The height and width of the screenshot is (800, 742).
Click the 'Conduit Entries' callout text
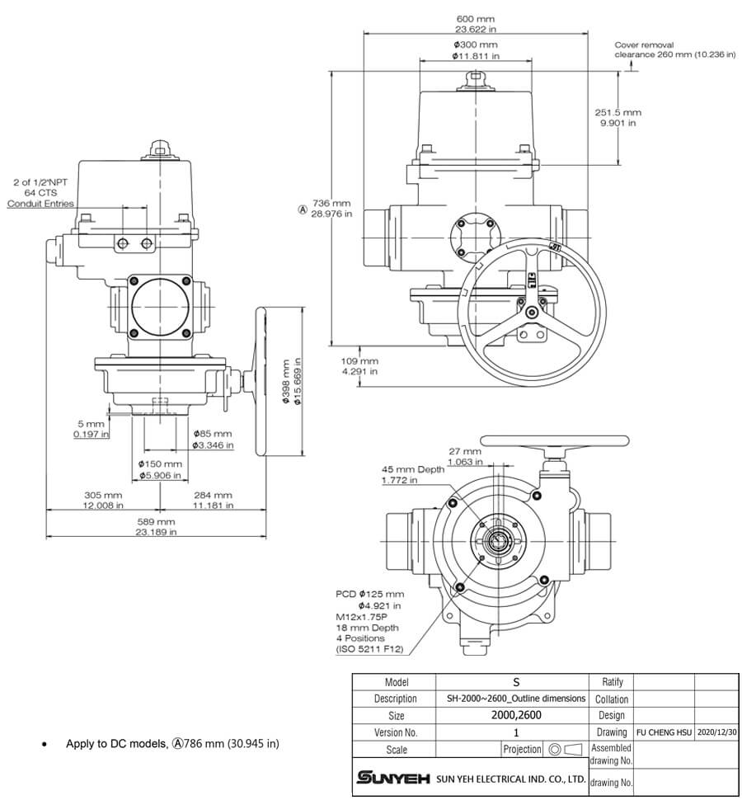click(40, 204)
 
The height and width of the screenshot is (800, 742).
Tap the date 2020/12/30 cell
click(716, 732)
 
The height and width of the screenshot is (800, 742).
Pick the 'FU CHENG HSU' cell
click(664, 732)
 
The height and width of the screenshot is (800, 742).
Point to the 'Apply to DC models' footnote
click(172, 744)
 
